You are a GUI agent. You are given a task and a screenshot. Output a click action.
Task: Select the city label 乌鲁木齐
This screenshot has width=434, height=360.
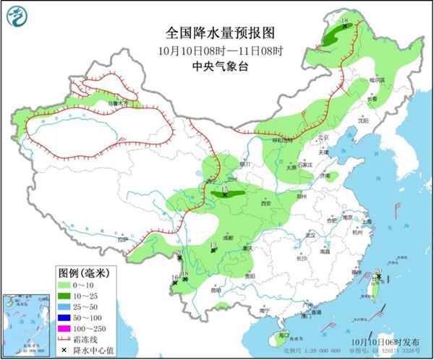click(x=117, y=103)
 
